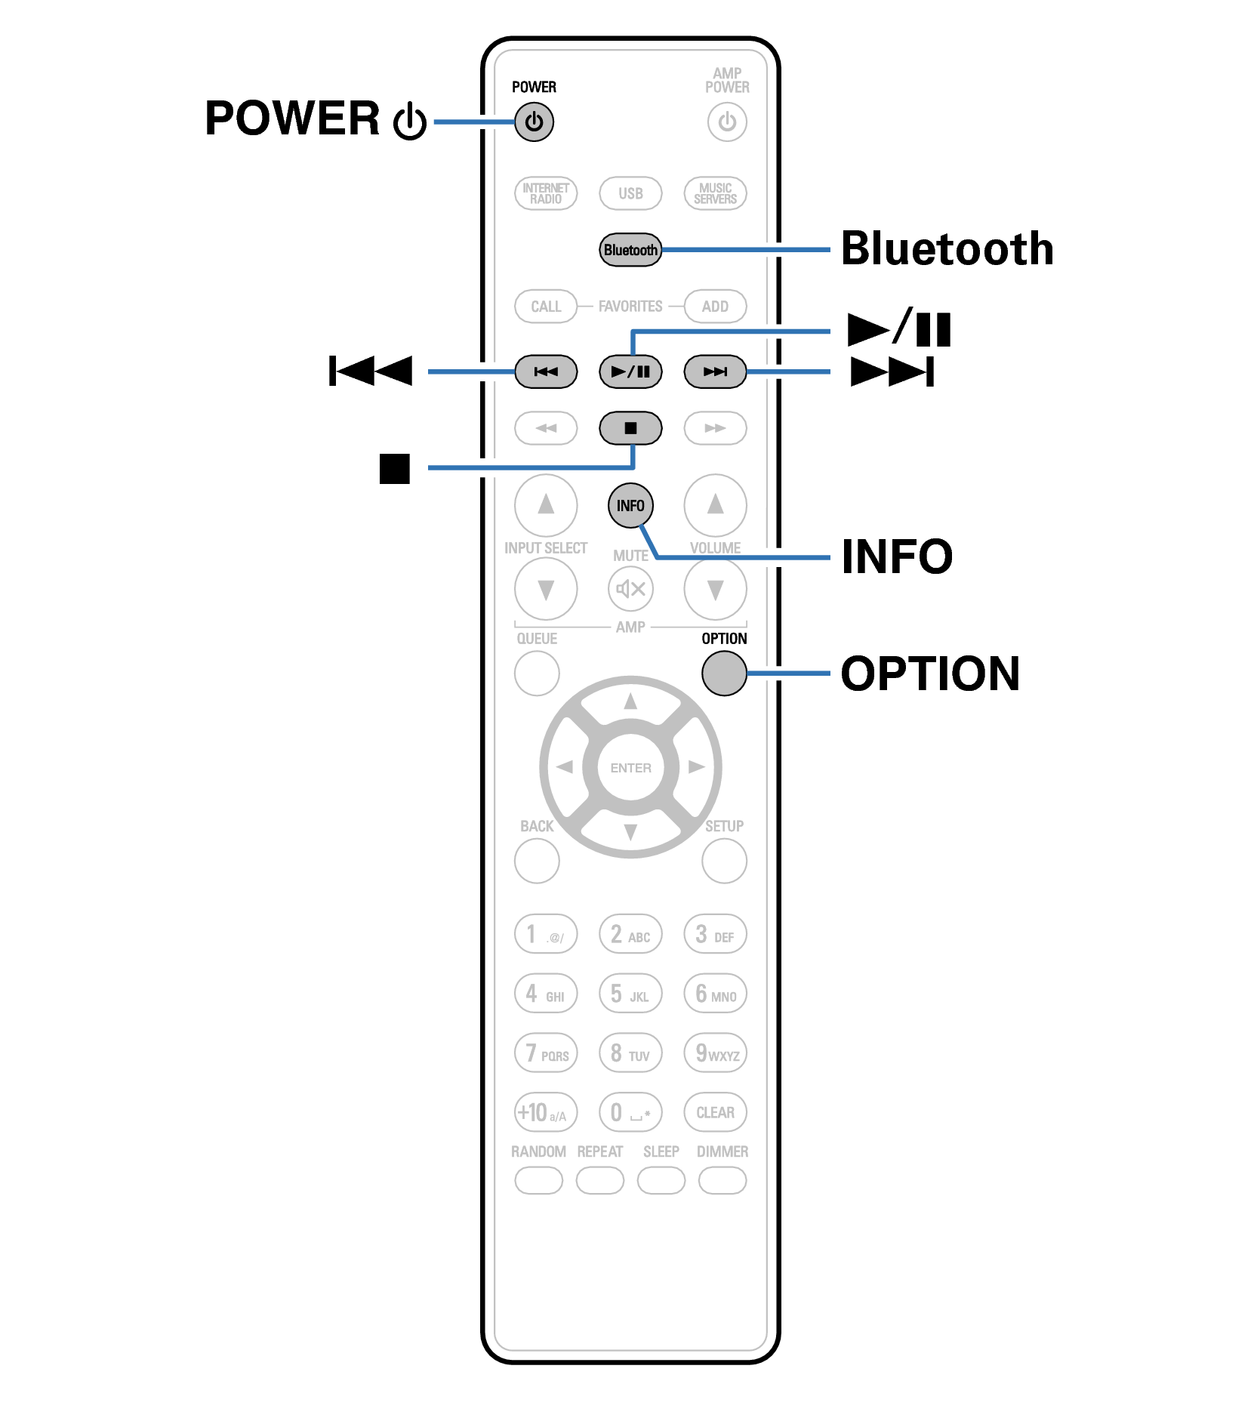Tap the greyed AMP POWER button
726,122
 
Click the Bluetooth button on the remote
630,250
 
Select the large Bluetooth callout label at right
947,249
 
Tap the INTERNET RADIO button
545,193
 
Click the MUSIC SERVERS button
714,193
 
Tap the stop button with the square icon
630,428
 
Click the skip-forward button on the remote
714,371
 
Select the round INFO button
630,505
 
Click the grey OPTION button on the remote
723,673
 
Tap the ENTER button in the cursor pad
630,768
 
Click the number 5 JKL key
630,994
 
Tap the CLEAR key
714,1112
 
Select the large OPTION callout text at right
929,674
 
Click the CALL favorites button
545,307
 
